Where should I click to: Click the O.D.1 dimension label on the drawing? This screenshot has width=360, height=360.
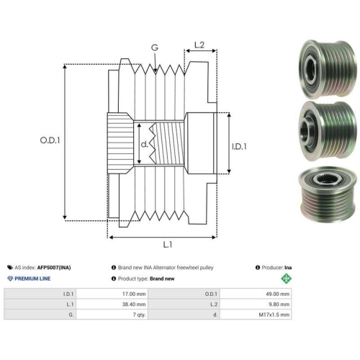click(x=50, y=140)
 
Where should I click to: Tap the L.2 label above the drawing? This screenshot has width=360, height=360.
click(x=199, y=45)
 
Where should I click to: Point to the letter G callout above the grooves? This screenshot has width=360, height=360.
click(x=155, y=48)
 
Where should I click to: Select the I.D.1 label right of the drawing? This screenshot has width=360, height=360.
click(x=239, y=146)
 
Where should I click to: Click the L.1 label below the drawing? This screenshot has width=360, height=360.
click(x=168, y=245)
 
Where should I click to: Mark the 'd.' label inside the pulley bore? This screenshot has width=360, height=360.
click(x=145, y=144)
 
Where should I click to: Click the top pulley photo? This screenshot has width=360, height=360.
click(x=328, y=68)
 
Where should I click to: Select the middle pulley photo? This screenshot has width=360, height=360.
click(x=328, y=131)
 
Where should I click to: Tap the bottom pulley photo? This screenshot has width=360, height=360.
click(x=328, y=194)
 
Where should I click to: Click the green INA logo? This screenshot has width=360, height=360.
click(x=286, y=279)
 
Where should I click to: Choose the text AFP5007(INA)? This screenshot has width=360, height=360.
click(x=54, y=268)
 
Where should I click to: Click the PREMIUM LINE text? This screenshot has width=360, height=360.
click(x=32, y=279)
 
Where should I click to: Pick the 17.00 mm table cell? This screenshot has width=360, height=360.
click(x=134, y=294)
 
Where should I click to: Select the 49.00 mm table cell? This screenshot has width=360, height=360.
click(x=278, y=294)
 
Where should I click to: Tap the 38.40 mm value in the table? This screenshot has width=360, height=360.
click(x=134, y=305)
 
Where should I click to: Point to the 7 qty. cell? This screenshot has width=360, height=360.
click(x=140, y=315)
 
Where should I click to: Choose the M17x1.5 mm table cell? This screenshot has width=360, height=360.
click(x=274, y=315)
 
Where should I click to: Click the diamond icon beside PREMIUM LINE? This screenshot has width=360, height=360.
click(x=10, y=279)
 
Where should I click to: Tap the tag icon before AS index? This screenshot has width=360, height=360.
click(x=10, y=267)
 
